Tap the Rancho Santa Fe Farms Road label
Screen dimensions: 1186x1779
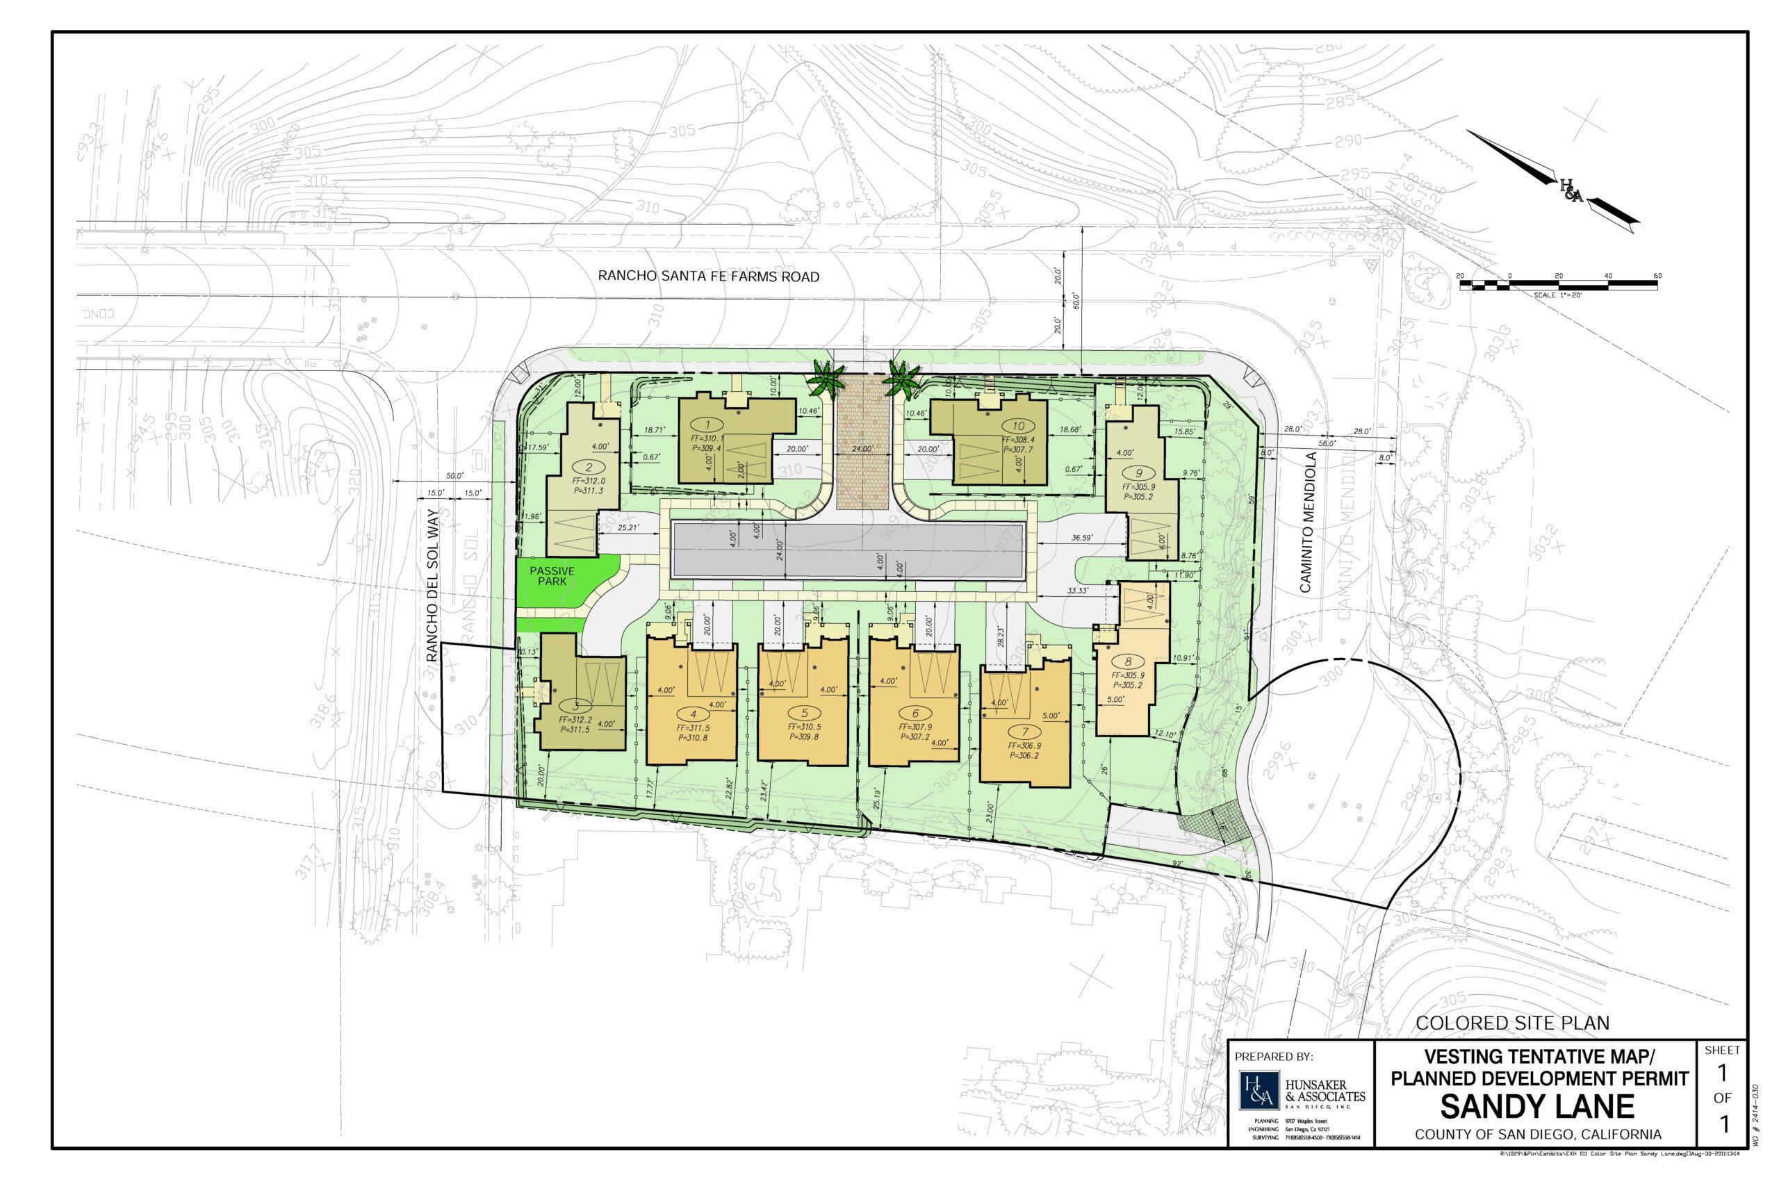click(x=708, y=277)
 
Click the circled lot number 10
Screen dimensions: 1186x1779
click(x=1018, y=426)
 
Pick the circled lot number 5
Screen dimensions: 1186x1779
click(x=804, y=714)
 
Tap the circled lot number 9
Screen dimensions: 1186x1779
click(x=1138, y=473)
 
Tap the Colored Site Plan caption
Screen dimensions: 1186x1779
click(x=1513, y=1023)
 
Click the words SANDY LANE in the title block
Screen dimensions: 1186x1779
click(x=1537, y=1107)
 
